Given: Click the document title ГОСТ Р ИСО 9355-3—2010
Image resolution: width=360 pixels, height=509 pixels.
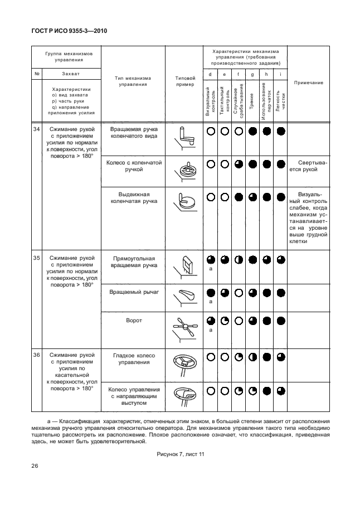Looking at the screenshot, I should [x=69, y=31].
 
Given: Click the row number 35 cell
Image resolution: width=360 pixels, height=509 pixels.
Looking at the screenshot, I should [x=37, y=258].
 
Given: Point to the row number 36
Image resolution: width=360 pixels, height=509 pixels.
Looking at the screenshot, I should [x=37, y=355].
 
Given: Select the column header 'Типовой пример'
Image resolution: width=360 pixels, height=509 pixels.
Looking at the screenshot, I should [x=184, y=81].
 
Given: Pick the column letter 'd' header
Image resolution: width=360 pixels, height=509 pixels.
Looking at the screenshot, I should [x=210, y=74].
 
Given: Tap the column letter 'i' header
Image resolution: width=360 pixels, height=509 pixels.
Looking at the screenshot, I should [x=280, y=74].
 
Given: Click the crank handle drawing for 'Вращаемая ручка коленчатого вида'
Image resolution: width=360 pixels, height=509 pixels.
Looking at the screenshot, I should [x=184, y=135].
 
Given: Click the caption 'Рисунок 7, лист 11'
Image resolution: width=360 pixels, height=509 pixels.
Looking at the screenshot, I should [x=180, y=454].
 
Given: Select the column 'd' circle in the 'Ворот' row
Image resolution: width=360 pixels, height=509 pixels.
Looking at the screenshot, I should [x=210, y=321].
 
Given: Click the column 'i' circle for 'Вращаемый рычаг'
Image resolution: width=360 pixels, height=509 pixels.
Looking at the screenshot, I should [x=281, y=292].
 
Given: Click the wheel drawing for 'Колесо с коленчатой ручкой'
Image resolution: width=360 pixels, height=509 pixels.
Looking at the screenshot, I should [x=184, y=169].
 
